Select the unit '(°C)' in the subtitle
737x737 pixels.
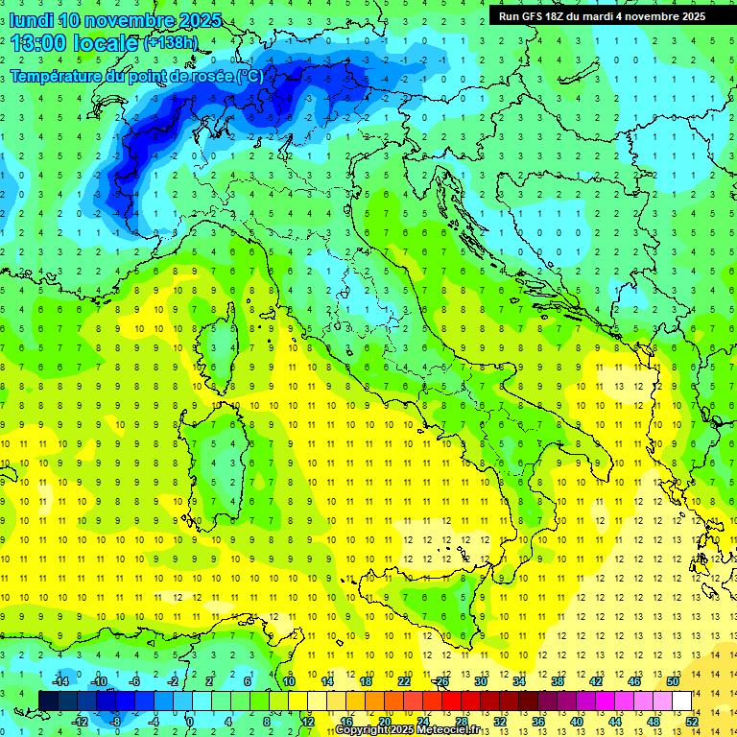[x=249, y=75]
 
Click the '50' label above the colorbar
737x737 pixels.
[x=673, y=681]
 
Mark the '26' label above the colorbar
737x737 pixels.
[x=441, y=681]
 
